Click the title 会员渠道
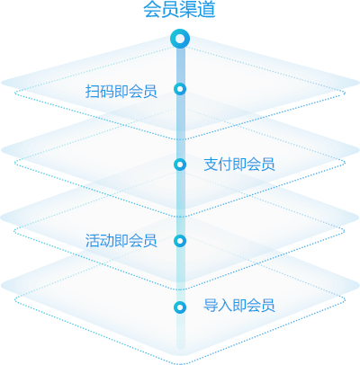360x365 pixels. [179, 10]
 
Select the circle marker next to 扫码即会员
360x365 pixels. [180, 89]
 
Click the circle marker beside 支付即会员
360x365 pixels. [180, 165]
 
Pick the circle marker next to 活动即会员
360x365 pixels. [180, 241]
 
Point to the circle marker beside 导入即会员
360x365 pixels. [180, 307]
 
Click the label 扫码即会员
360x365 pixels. [121, 91]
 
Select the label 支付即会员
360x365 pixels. [239, 165]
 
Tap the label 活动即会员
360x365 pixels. [121, 241]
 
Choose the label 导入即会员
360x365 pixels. [239, 306]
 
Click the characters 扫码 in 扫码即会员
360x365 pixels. [100, 91]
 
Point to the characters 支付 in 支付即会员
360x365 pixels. [218, 165]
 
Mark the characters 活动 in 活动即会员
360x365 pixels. [100, 241]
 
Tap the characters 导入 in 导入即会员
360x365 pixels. [218, 306]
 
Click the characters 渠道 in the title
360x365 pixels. [198, 10]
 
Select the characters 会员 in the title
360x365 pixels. [161, 10]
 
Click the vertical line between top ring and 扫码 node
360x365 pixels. [180, 66]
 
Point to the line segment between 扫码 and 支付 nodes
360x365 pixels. [180, 127]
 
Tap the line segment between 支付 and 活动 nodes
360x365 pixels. [180, 202]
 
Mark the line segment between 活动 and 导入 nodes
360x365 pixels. [180, 274]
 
